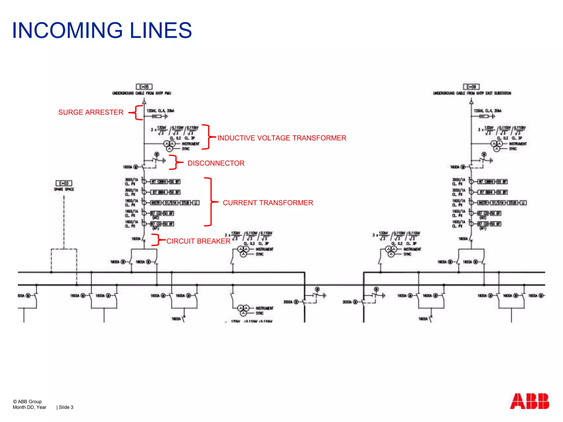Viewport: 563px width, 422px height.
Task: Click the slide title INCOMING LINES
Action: (x=102, y=30)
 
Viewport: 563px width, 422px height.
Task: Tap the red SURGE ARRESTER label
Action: (x=91, y=112)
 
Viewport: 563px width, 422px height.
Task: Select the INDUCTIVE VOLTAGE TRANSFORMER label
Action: (x=282, y=138)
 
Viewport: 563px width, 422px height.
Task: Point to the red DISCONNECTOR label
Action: (x=216, y=163)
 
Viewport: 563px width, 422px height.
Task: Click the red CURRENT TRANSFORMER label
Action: (x=268, y=203)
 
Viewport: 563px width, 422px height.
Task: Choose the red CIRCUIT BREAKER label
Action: (x=198, y=241)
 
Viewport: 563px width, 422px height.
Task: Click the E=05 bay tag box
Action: (x=144, y=87)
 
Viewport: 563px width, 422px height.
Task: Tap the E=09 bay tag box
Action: (x=471, y=87)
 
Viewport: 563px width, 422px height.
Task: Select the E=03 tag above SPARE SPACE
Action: (x=64, y=183)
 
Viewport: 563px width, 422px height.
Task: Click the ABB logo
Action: (x=529, y=401)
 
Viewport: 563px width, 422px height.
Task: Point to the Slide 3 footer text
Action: (x=66, y=407)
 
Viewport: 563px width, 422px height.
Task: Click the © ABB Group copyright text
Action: (x=27, y=401)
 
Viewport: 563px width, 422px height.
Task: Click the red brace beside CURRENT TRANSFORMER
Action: (x=210, y=202)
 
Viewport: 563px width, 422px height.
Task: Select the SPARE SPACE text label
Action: (x=64, y=189)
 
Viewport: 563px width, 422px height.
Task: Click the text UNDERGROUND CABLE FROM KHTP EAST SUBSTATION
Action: (x=472, y=93)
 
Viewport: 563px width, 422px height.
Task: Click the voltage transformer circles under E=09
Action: (x=496, y=146)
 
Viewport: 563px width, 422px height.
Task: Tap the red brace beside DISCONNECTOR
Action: (x=174, y=162)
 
